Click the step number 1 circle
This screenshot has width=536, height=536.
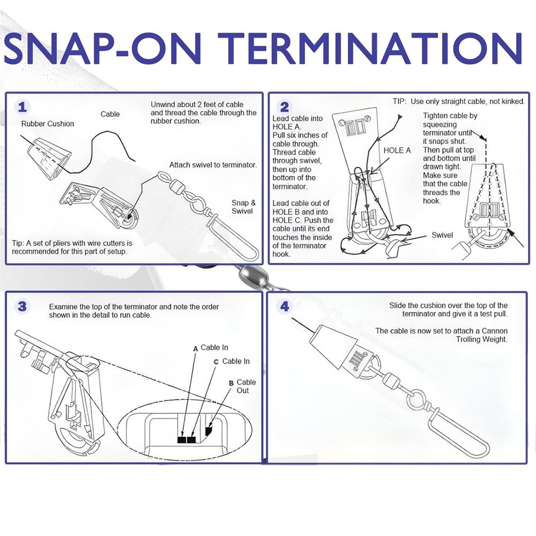point(21,106)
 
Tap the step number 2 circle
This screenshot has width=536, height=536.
point(285,107)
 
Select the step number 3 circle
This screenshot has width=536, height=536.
point(22,307)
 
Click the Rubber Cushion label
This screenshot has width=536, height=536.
point(48,124)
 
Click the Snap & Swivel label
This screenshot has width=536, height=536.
point(243,207)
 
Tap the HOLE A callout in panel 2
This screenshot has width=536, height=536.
point(397,151)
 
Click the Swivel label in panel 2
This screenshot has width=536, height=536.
point(442,235)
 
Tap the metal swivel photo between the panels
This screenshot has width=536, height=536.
point(248,278)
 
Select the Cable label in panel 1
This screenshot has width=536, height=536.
point(110,114)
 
